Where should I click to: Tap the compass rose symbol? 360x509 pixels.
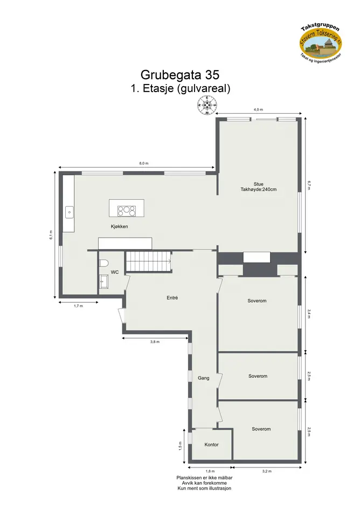tap(207, 106)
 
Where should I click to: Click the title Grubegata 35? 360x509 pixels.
tap(180, 75)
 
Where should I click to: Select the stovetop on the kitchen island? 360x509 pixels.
tap(127, 211)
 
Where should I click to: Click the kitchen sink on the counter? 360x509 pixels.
tap(70, 212)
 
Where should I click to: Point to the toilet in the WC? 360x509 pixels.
tap(104, 263)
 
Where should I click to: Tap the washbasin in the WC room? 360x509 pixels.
tap(104, 282)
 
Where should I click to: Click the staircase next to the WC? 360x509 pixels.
tap(149, 261)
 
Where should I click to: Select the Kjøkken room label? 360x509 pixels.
tap(119, 227)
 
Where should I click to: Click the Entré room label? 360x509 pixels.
tap(172, 298)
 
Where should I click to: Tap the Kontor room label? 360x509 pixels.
tap(211, 445)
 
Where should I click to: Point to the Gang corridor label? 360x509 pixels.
tap(204, 378)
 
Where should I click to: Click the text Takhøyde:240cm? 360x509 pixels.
tap(259, 190)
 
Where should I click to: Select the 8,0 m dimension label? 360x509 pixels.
tap(143, 163)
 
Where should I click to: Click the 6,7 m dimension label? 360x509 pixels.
tap(309, 185)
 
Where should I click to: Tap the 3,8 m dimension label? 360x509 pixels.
tap(155, 342)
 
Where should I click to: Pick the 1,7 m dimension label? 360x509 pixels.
tap(78, 306)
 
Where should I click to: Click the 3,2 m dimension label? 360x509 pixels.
tap(267, 471)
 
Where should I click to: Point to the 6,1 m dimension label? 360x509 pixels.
tap(51, 234)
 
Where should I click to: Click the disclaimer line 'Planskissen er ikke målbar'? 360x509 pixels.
tap(204, 478)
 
